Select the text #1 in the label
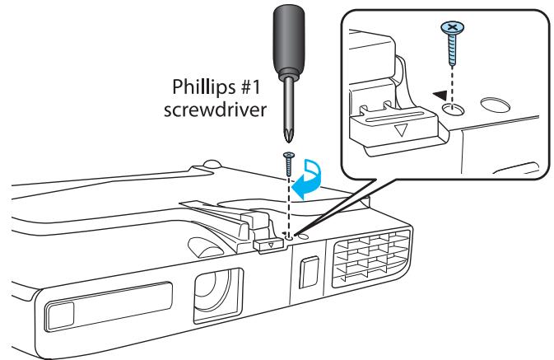point(249,86)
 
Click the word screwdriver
point(215,110)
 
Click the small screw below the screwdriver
point(289,164)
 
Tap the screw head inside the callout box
point(452,27)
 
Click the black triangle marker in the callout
point(440,95)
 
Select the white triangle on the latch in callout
point(401,130)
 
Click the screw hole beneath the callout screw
point(454,109)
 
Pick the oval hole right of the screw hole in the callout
point(495,105)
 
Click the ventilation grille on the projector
point(370,258)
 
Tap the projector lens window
point(218,295)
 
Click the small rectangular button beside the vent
point(309,272)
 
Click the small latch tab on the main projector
point(269,244)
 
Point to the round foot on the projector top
point(212,164)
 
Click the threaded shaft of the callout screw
point(453,49)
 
